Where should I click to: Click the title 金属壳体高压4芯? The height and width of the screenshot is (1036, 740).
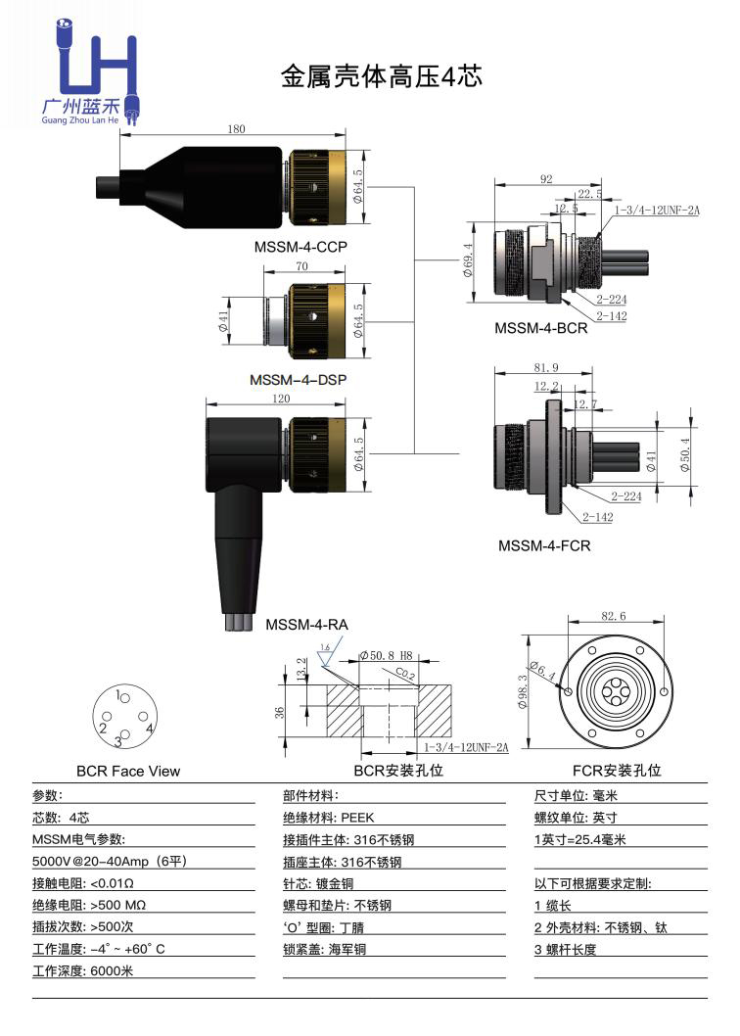[x=382, y=77]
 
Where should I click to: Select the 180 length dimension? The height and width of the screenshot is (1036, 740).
[x=236, y=129]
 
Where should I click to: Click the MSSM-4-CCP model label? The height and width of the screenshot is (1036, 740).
[x=301, y=247]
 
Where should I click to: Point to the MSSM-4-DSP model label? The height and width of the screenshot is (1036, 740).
[x=299, y=379]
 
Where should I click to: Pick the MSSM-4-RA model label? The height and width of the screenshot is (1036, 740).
[x=306, y=623]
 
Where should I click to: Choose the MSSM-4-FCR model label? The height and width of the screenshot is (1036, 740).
[x=544, y=545]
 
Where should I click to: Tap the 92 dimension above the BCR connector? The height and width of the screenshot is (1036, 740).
[x=546, y=179]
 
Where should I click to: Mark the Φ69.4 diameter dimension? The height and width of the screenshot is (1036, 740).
[x=468, y=259]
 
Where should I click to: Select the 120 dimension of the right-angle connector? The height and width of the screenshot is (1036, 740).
[x=282, y=400]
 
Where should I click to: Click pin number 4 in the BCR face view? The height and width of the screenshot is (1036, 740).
[x=148, y=729]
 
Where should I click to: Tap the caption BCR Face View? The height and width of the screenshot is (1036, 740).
[x=128, y=771]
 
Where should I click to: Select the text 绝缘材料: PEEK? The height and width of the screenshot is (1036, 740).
[x=329, y=818]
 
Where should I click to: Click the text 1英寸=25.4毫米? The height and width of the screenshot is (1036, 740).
[x=579, y=839]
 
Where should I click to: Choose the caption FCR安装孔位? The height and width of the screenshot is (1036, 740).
[x=617, y=771]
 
